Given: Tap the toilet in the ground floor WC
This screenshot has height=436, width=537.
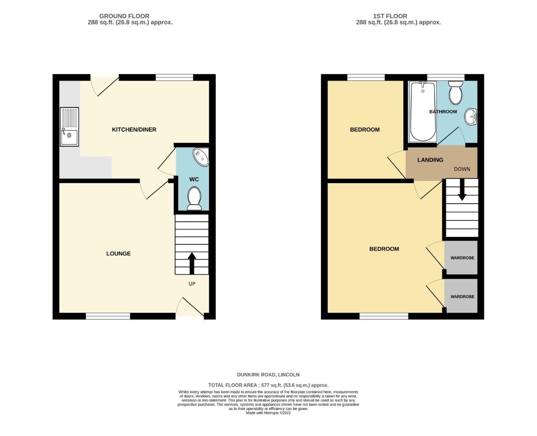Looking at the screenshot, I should click(194, 198).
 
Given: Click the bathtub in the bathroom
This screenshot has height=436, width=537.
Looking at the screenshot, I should click(422, 111).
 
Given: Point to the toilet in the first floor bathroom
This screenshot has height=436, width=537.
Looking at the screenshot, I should click(455, 93).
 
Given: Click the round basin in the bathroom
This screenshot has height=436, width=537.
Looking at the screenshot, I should click(471, 116).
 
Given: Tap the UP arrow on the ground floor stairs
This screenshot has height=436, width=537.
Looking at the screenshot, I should click(192, 263).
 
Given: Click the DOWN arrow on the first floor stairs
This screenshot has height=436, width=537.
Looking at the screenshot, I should click(461, 191).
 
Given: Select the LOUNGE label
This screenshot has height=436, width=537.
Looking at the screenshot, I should click(118, 254).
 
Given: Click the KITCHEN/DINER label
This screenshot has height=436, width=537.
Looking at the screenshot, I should click(134, 130).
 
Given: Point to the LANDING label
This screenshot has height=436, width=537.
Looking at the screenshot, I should click(430, 160).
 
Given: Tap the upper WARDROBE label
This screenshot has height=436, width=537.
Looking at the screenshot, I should click(462, 258).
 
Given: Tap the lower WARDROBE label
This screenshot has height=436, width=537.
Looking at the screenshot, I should click(462, 297).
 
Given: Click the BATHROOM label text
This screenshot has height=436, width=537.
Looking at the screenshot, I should click(443, 112).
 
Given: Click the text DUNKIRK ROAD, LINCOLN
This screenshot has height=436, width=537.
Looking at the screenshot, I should click(268, 375).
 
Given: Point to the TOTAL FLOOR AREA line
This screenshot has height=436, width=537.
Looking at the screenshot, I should click(268, 385).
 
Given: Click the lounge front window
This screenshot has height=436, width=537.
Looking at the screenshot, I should click(108, 316).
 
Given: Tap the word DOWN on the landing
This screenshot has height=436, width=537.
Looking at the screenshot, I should click(462, 169).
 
